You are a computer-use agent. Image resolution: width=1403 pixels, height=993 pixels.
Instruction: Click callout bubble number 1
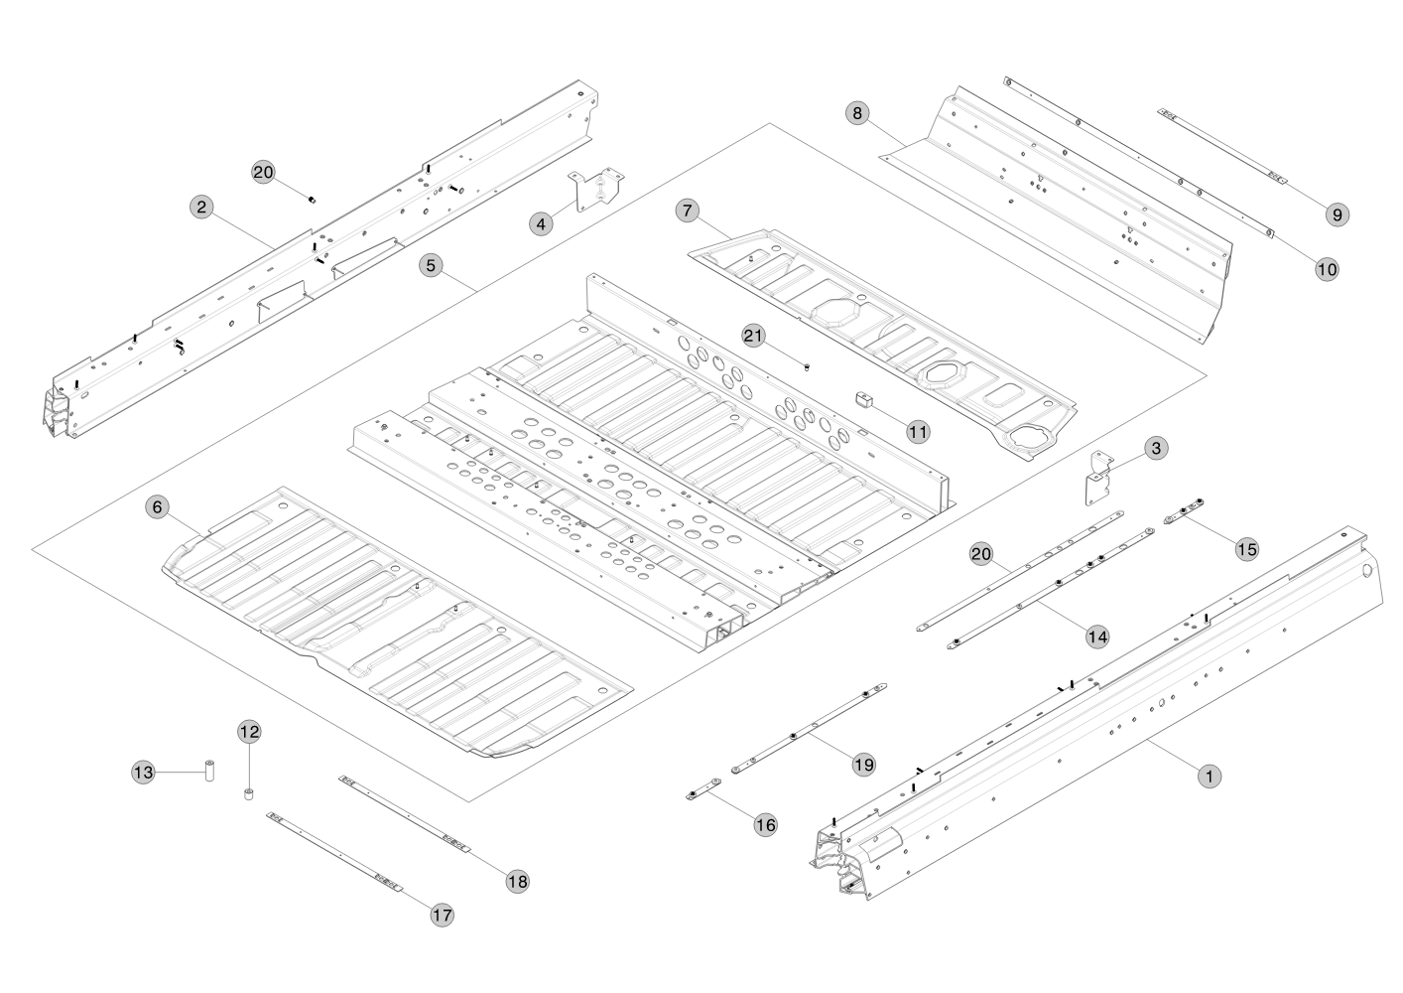[x=1209, y=777]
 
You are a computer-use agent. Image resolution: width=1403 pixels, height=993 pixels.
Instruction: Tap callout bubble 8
[x=858, y=112]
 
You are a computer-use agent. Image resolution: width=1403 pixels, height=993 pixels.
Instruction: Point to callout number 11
[x=918, y=431]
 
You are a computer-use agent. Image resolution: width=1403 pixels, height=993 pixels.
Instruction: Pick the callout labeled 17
[x=442, y=915]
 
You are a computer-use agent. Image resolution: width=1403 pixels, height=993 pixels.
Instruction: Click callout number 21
[x=754, y=336]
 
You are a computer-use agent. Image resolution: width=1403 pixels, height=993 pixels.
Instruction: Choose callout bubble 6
[x=156, y=507]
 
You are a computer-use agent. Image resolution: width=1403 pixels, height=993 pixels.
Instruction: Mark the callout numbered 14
[x=1096, y=637]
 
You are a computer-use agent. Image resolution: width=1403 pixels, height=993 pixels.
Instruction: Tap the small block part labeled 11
[x=862, y=399]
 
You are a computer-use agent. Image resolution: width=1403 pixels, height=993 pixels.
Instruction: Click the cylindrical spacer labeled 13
[x=210, y=772]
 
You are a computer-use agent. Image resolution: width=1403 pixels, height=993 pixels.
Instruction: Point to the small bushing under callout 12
[x=249, y=794]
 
